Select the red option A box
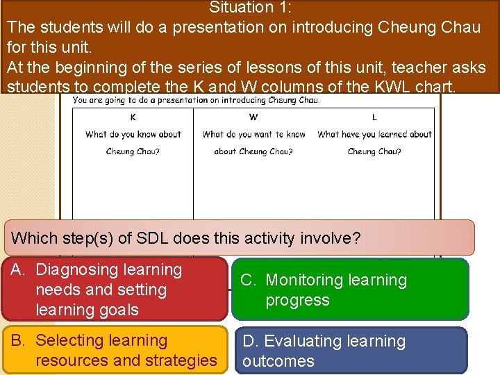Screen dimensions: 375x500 click(x=115, y=290)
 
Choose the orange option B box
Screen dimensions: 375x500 click(x=115, y=350)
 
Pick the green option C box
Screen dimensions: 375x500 click(x=351, y=290)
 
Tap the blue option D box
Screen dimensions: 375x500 click(x=351, y=351)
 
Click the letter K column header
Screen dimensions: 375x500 click(x=133, y=117)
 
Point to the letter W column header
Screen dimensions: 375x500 click(x=253, y=117)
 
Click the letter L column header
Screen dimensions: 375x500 click(x=374, y=117)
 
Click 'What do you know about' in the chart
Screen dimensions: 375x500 click(x=133, y=135)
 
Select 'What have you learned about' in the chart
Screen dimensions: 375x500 click(x=374, y=135)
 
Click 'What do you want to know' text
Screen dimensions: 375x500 click(x=253, y=135)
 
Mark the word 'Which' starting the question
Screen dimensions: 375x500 click(x=34, y=238)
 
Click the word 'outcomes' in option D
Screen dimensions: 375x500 click(x=278, y=361)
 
